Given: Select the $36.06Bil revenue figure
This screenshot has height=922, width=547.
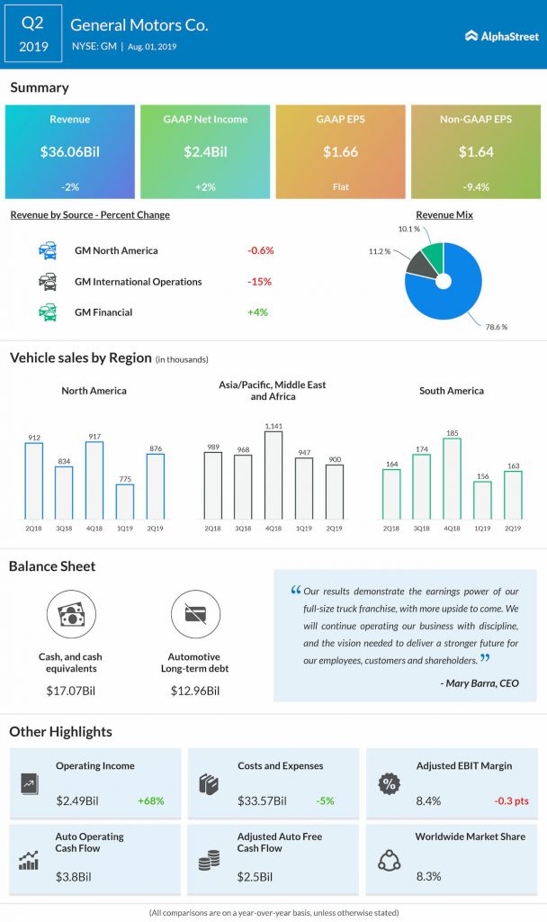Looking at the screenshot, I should [x=70, y=152].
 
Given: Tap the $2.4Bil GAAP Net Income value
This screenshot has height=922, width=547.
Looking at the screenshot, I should [x=205, y=152].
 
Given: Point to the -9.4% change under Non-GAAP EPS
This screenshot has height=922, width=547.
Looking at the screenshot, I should [x=474, y=187].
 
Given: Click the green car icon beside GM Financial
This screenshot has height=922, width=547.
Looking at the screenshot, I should [x=48, y=312].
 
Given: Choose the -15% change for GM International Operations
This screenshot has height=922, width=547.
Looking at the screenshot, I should [x=260, y=282].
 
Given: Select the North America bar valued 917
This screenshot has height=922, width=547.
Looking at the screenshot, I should [x=94, y=480].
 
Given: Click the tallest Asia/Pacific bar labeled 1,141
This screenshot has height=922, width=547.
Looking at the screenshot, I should [x=273, y=475].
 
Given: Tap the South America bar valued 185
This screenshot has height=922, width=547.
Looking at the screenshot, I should [x=451, y=479].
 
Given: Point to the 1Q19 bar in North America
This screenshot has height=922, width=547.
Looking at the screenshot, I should [x=124, y=502].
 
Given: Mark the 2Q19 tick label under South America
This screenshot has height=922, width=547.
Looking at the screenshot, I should [x=512, y=529].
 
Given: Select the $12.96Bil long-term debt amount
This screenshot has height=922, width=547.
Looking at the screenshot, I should [x=195, y=691].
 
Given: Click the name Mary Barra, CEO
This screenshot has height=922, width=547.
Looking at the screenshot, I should [x=480, y=682].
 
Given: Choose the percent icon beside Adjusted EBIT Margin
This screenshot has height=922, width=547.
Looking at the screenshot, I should [x=390, y=783].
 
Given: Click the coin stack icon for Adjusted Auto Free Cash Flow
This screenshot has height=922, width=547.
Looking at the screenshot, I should [x=209, y=861].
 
